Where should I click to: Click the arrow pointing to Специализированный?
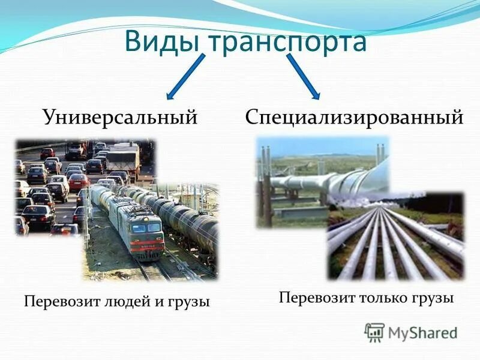pyautogui.click(x=304, y=76)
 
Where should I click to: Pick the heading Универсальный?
pyautogui.click(x=120, y=118)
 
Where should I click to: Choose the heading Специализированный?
pyautogui.click(x=354, y=118)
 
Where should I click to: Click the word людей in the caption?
pyautogui.click(x=123, y=302)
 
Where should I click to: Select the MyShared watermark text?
pyautogui.click(x=423, y=332)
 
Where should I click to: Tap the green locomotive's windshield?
pyautogui.click(x=146, y=228)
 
